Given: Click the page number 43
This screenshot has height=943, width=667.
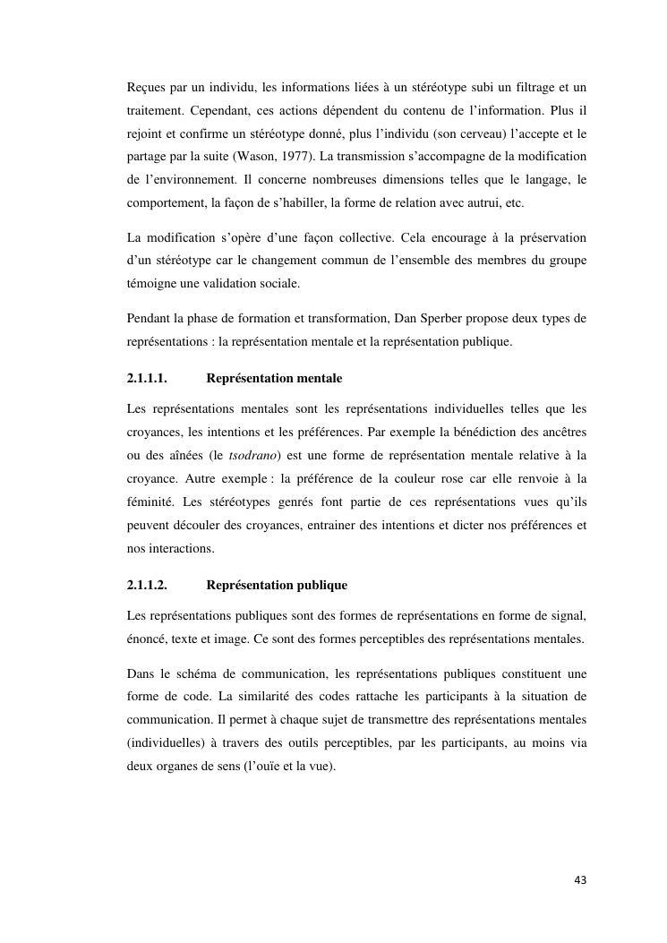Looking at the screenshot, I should coord(580,879).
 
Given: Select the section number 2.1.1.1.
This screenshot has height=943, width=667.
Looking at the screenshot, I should coord(149,379).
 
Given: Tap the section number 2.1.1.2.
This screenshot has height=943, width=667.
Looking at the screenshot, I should coord(149,585).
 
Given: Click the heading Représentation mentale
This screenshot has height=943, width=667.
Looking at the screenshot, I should coord(274,379).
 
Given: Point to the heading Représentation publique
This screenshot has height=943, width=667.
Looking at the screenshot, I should coord(277,585).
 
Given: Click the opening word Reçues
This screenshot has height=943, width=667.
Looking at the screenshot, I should coord(147,87).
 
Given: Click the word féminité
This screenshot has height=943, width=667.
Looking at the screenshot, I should coord(154,502).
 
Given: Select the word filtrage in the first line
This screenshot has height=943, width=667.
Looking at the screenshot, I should coord(522,87).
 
